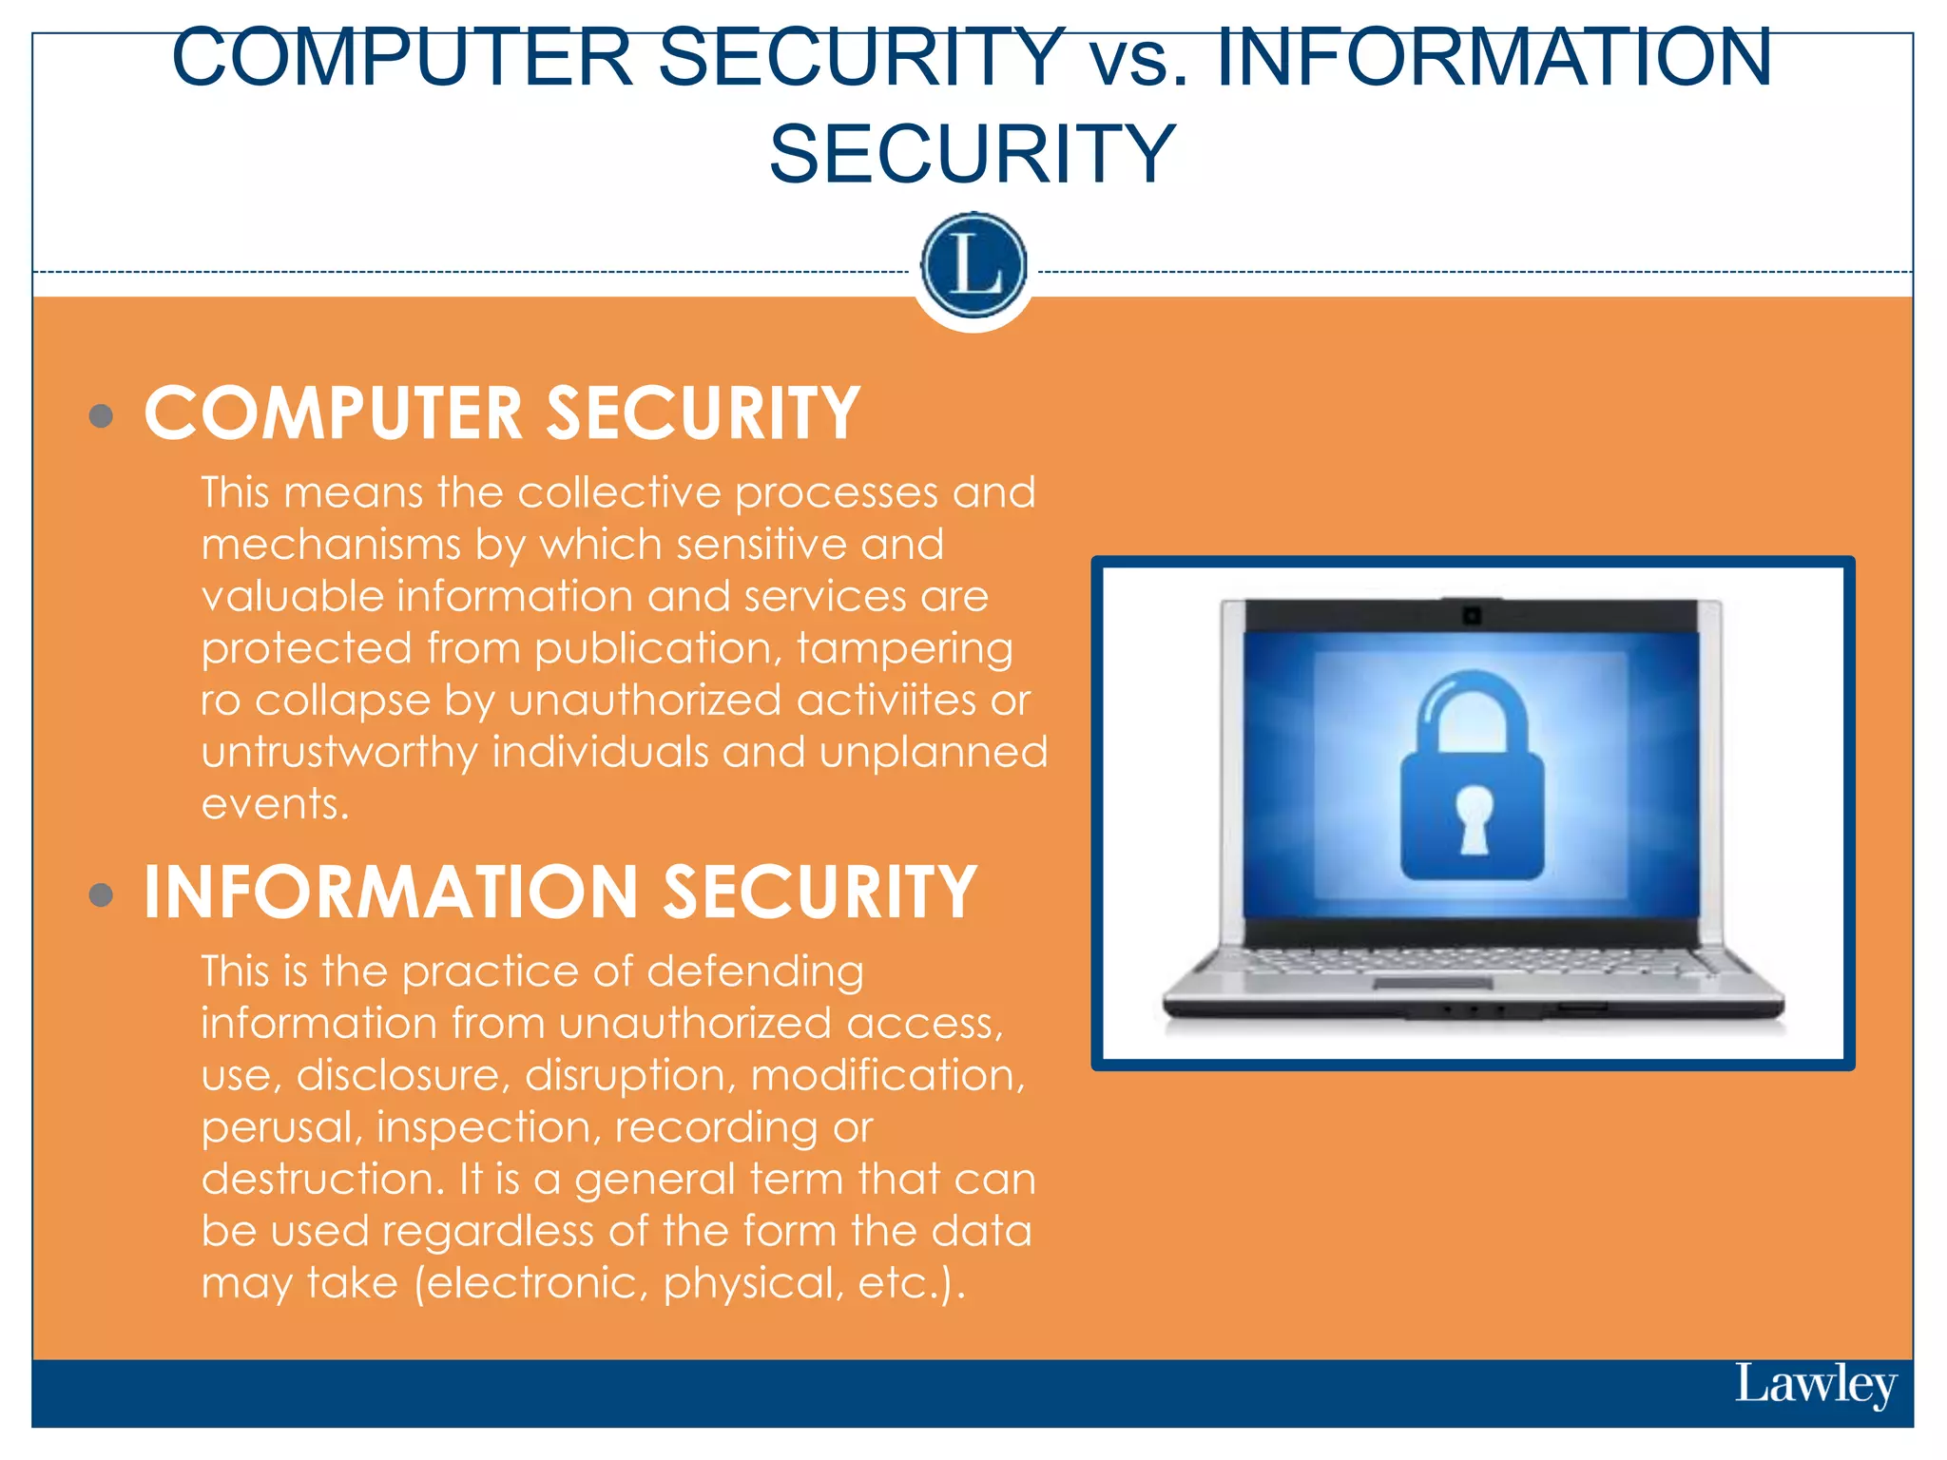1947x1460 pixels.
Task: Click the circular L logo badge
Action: pos(973,265)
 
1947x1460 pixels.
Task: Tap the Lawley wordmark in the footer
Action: pos(1815,1385)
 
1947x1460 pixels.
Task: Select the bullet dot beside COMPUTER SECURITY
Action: pos(101,415)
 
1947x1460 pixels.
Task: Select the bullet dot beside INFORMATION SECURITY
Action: pos(101,894)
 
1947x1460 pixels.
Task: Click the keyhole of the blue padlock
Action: pos(1474,817)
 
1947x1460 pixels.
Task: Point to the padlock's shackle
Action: pos(1473,708)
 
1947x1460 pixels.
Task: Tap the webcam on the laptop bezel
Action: pos(1472,616)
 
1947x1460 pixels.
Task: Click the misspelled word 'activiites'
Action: pos(886,701)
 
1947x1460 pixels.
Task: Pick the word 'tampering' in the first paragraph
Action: pos(904,648)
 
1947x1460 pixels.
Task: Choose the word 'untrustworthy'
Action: pos(339,753)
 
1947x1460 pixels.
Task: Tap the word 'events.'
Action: pos(276,804)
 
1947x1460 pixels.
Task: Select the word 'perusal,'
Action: pos(282,1127)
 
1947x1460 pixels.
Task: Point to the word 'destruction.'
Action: pos(323,1180)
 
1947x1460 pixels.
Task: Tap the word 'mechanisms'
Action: pos(331,545)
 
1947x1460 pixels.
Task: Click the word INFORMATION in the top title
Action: pos(1494,59)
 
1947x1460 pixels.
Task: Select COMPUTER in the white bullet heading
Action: pos(334,414)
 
